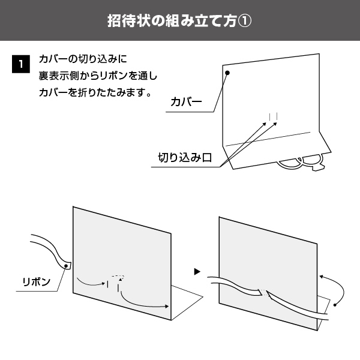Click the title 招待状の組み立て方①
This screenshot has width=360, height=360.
click(179, 21)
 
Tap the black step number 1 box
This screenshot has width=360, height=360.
click(21, 64)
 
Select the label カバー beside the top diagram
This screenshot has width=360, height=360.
click(186, 102)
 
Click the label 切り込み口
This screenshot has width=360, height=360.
click(185, 158)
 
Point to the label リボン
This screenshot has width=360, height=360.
click(37, 282)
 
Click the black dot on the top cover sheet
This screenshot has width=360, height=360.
click(227, 73)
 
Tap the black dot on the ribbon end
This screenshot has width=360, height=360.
click(66, 266)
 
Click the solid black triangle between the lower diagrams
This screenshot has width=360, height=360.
click(197, 272)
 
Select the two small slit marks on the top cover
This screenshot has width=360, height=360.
click(274, 116)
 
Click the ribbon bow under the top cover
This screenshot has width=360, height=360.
click(301, 163)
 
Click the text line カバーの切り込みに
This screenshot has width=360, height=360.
click(83, 59)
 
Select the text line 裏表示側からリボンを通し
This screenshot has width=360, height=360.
click(98, 76)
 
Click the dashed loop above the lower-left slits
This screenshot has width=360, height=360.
click(118, 277)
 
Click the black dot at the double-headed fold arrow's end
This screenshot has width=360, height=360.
click(335, 305)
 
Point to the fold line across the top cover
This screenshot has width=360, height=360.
click(268, 139)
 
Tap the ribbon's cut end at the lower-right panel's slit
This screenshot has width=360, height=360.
click(260, 292)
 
